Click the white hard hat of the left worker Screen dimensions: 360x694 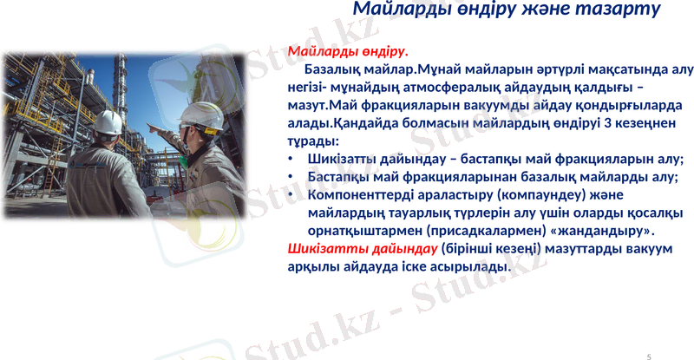point(108,122)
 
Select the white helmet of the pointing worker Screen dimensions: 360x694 point(202,115)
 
